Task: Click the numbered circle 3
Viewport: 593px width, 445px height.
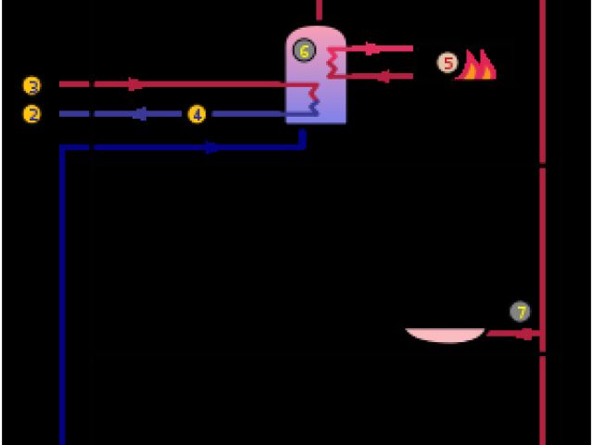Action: [x=32, y=86]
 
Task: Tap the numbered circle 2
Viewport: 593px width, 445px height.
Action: [x=32, y=114]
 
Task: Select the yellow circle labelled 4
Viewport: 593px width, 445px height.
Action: [x=196, y=114]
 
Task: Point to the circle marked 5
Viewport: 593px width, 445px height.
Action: [x=448, y=63]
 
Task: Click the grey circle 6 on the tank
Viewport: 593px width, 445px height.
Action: [x=304, y=51]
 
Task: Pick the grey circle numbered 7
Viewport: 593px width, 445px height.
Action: [x=521, y=311]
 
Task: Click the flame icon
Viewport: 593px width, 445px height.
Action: [x=476, y=65]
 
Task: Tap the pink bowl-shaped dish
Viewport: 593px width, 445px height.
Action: [x=445, y=334]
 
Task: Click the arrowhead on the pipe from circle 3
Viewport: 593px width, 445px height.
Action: [x=135, y=84]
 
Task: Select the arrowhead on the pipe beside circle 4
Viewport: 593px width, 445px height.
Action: [x=141, y=114]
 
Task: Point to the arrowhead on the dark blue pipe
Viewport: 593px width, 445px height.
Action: [x=212, y=146]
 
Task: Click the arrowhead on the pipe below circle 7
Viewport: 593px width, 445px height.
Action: [x=525, y=333]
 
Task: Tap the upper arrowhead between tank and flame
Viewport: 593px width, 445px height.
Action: [x=372, y=48]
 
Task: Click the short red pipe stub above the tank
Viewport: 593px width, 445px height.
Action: [x=319, y=9]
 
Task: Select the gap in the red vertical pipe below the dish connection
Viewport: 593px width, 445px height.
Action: [x=542, y=353]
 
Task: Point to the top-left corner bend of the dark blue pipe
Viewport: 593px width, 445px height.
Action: [x=63, y=147]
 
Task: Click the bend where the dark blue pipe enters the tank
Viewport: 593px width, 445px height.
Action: [x=302, y=146]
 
